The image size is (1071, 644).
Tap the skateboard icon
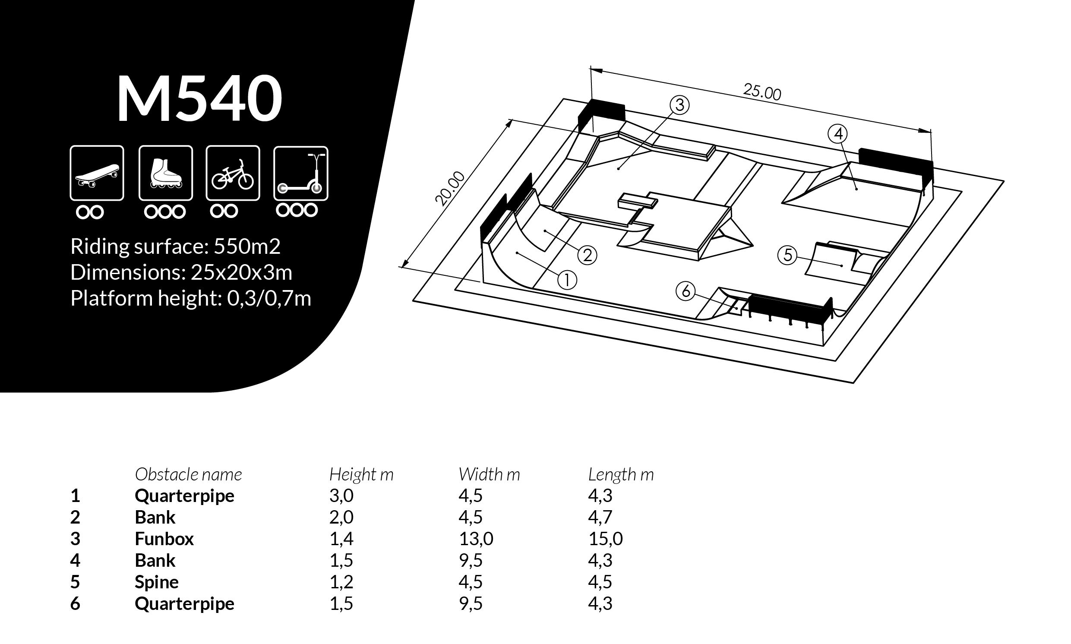click(x=97, y=173)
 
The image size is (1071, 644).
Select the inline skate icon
click(x=165, y=173)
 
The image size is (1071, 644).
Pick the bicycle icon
click(x=233, y=173)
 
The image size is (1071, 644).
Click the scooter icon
click(x=300, y=173)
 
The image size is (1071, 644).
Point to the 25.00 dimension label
click(x=762, y=92)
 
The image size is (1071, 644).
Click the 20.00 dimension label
click(x=450, y=188)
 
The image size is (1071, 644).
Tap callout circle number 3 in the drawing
click(x=679, y=105)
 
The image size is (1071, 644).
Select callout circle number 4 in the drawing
click(x=838, y=134)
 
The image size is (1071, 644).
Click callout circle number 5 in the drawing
click(x=788, y=255)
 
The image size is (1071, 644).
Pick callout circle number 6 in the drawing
click(x=686, y=291)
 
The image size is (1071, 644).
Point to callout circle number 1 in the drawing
click(x=567, y=280)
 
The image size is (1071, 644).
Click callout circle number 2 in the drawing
click(x=587, y=255)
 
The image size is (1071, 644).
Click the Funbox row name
click(x=164, y=539)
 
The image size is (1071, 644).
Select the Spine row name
click(x=156, y=582)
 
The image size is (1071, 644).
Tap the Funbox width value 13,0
click(x=476, y=539)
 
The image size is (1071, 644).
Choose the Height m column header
click(x=361, y=474)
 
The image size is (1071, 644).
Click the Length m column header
click(x=621, y=474)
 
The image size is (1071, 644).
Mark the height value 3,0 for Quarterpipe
click(x=341, y=496)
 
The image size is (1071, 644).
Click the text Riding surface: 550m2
click(x=175, y=246)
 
